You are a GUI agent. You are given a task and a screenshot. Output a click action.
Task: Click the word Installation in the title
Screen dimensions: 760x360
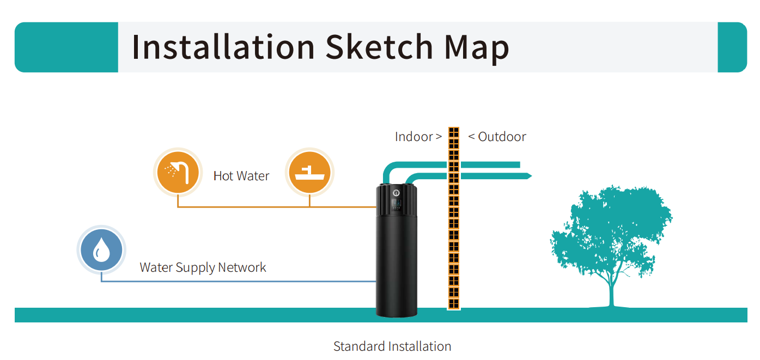(x=223, y=47)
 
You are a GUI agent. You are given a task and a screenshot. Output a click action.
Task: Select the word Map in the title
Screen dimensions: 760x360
(x=477, y=49)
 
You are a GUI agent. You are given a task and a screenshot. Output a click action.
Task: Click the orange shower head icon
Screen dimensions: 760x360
(x=178, y=172)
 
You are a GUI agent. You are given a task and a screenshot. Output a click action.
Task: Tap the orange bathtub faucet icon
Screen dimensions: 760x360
(x=309, y=172)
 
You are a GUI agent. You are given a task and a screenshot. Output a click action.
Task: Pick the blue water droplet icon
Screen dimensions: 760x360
(x=101, y=250)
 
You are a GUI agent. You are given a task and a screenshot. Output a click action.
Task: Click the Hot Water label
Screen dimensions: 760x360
(x=241, y=176)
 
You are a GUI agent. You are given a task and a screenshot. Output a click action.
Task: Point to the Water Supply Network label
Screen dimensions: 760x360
(x=203, y=267)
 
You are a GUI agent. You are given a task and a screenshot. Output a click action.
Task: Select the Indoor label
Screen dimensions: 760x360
(x=414, y=136)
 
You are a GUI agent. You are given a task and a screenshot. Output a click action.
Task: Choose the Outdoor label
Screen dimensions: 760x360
(x=502, y=136)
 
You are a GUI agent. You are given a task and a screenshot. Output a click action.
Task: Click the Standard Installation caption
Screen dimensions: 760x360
(x=392, y=346)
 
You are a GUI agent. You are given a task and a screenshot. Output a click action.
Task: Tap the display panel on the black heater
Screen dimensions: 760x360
(x=396, y=204)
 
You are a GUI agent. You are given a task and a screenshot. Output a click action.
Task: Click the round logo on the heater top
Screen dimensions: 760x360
(x=396, y=193)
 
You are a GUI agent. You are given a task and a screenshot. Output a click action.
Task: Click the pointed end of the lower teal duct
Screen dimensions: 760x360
(x=531, y=176)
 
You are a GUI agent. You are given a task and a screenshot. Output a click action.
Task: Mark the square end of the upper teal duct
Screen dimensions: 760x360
(x=519, y=164)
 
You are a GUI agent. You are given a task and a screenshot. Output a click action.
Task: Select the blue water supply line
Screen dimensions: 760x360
(x=239, y=281)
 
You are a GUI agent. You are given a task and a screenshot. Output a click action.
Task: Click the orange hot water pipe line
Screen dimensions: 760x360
(x=277, y=206)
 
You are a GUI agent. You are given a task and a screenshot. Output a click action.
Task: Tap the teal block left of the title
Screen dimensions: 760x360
(x=66, y=47)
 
